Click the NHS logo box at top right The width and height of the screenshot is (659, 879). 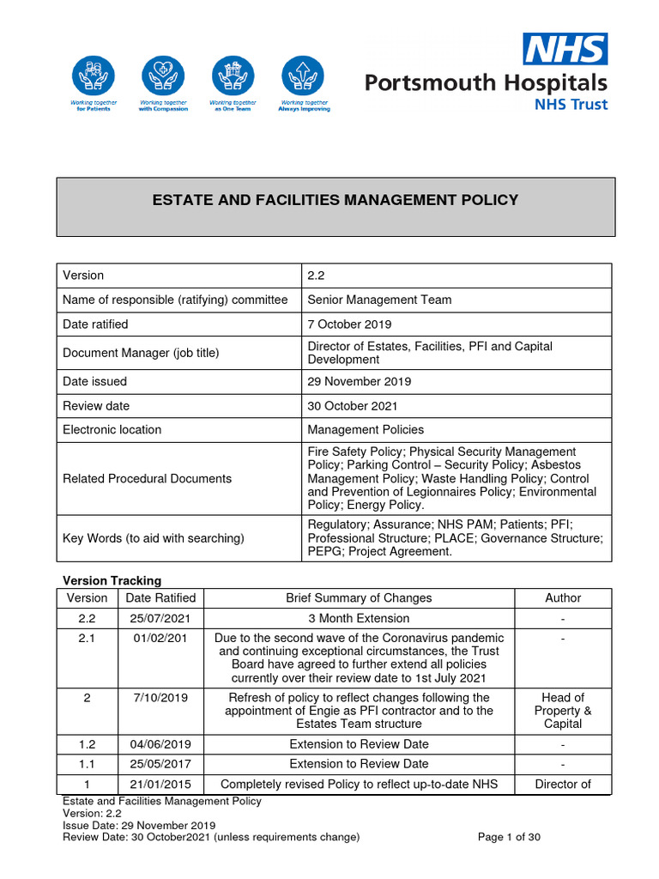click(565, 49)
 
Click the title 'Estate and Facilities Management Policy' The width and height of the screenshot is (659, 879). click(335, 200)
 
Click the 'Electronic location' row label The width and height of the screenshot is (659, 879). click(112, 429)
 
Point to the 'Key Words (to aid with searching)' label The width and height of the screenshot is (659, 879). click(154, 537)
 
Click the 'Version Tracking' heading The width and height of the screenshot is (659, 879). click(112, 580)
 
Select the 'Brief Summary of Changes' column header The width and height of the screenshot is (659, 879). click(359, 597)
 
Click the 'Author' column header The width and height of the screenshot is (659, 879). click(563, 597)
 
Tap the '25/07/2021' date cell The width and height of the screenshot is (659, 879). click(160, 618)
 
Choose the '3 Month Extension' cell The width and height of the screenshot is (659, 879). click(359, 618)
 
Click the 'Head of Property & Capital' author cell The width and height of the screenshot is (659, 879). click(563, 711)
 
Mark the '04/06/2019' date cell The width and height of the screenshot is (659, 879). click(160, 743)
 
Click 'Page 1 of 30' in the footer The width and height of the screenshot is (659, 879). click(509, 837)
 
